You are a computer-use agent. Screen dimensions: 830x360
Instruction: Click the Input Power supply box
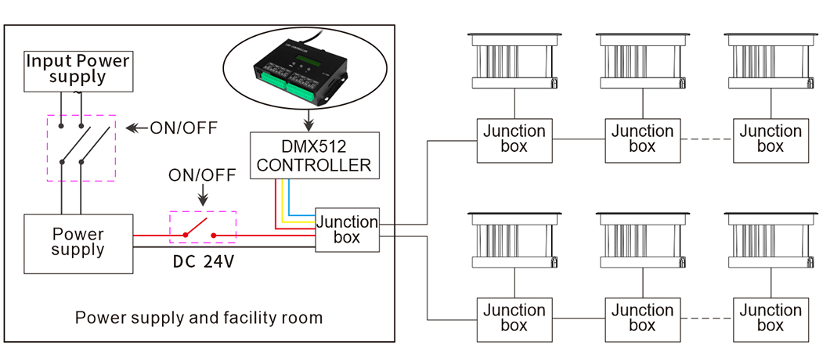(x=78, y=70)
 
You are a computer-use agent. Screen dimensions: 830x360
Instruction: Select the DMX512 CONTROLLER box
(x=315, y=156)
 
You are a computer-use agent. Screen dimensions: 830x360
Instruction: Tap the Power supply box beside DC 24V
(x=78, y=244)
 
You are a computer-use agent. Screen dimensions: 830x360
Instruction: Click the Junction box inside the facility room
(x=347, y=229)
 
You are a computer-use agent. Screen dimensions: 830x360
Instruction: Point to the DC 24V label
(x=204, y=263)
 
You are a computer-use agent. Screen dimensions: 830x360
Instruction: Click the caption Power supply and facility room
(x=199, y=318)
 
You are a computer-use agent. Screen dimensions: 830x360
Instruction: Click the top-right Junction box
(x=770, y=140)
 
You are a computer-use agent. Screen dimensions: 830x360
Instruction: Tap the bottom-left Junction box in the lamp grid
(x=514, y=319)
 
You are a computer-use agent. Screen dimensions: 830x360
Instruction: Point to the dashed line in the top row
(x=706, y=140)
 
